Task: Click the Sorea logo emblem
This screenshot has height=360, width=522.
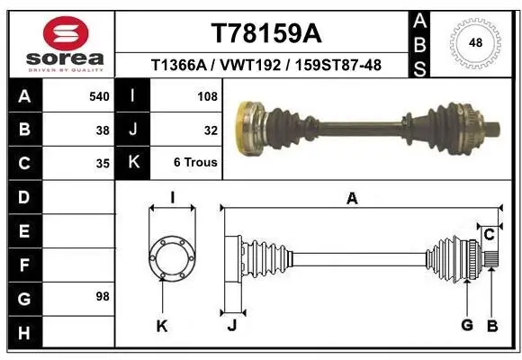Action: (66, 34)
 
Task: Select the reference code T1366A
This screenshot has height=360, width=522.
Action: (180, 65)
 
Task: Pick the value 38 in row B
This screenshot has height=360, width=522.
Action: (103, 130)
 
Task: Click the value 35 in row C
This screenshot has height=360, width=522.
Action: (103, 163)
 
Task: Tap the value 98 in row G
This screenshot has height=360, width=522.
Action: (101, 296)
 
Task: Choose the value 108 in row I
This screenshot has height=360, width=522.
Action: (207, 95)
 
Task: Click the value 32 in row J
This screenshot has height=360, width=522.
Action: (211, 130)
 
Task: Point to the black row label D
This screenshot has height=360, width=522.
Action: (22, 197)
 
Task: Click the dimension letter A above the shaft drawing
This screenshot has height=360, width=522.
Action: (352, 199)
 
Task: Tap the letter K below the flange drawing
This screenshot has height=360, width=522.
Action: (162, 326)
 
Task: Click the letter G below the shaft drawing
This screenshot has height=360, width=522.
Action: (467, 325)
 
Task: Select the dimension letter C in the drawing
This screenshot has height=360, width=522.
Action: (489, 236)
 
